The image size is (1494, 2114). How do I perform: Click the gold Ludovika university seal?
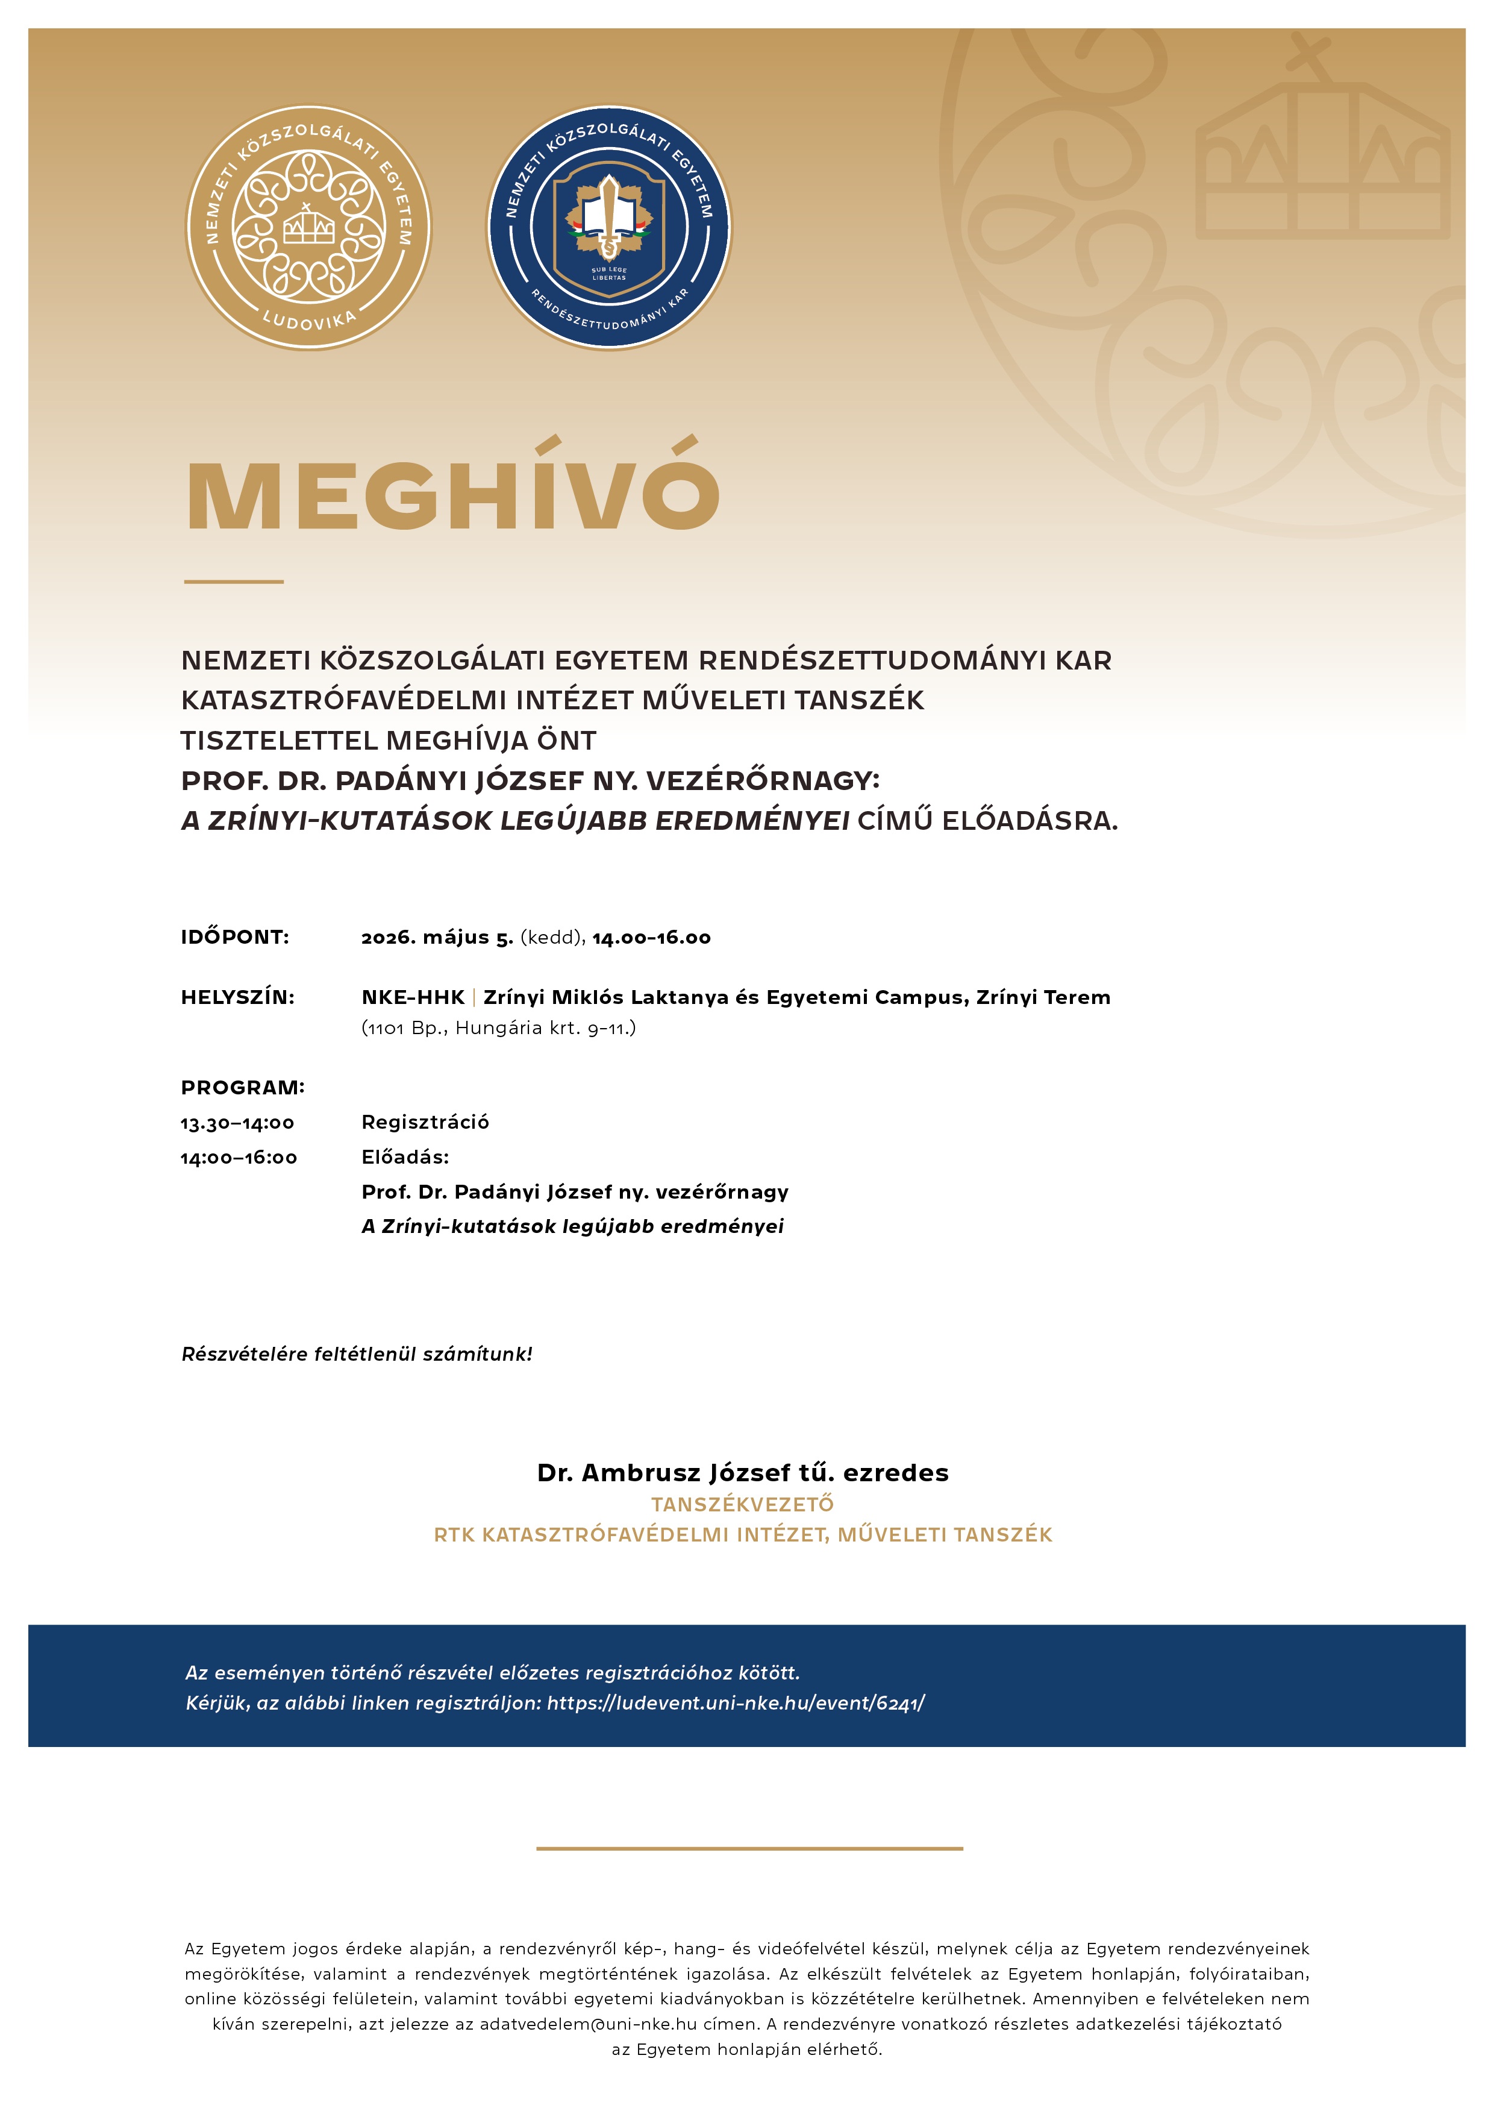pos(308,227)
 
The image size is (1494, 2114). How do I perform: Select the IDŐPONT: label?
pos(235,937)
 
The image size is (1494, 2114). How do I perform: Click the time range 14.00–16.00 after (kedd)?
pos(652,937)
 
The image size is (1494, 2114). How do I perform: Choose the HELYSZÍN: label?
pos(237,997)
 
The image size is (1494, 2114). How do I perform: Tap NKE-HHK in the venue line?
pos(413,997)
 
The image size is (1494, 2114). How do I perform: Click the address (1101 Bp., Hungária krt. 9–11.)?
pos(498,1027)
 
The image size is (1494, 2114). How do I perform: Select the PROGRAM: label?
pos(243,1087)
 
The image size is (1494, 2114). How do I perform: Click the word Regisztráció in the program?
pos(425,1122)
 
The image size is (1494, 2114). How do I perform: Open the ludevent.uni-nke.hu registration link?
pos(736,1704)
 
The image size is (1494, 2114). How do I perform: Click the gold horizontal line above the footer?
pos(749,1848)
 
